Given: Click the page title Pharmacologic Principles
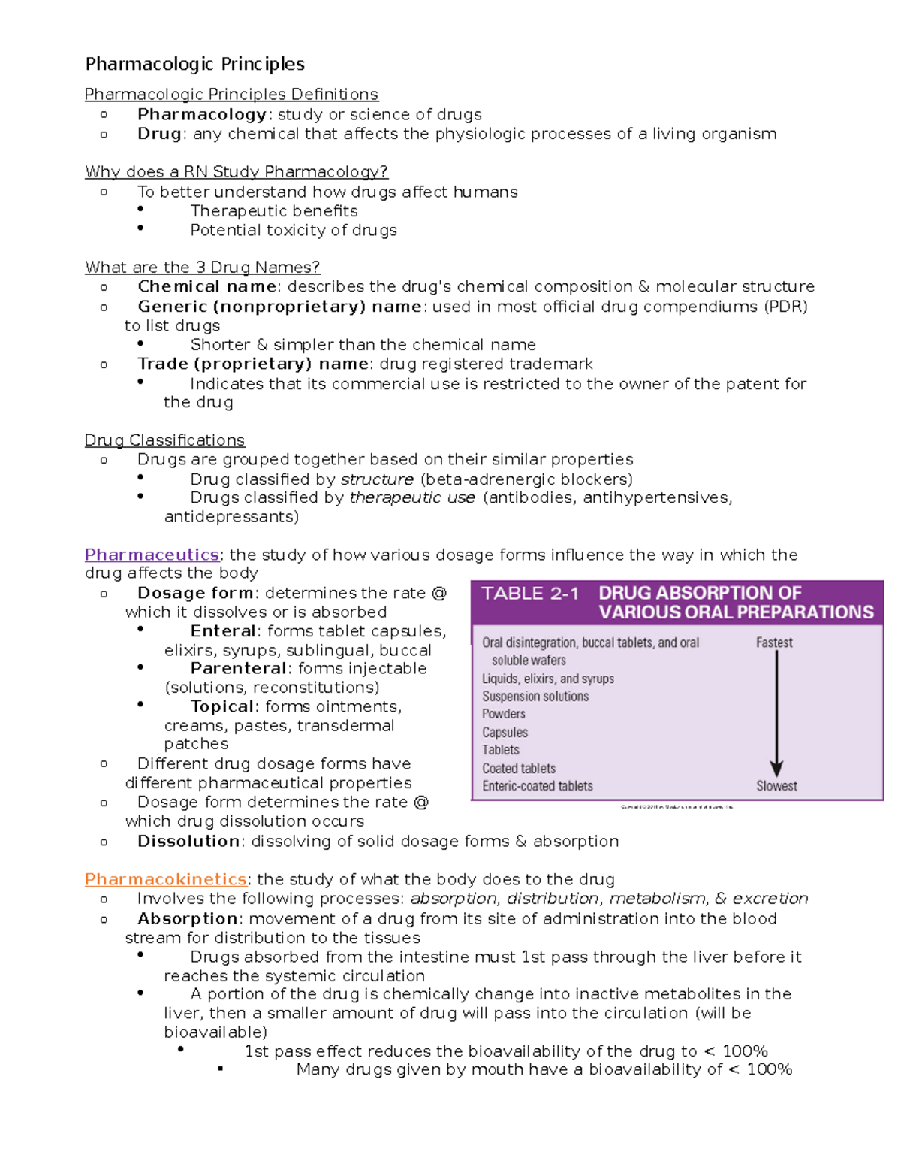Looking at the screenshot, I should click(194, 64).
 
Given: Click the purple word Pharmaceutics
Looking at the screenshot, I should click(152, 555).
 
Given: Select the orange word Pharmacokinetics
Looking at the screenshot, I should click(165, 879).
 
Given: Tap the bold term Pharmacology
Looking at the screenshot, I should click(202, 114).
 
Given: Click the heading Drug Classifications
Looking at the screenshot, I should click(164, 440).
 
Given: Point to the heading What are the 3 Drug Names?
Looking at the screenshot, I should click(202, 267).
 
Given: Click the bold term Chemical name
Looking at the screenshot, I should click(207, 286).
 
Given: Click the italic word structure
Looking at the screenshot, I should click(377, 479).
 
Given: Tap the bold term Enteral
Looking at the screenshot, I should click(223, 631).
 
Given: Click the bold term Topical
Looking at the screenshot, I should click(222, 706).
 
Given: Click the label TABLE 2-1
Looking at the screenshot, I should click(530, 594).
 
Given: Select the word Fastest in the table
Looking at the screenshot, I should click(774, 642).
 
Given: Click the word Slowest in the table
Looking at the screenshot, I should click(776, 785).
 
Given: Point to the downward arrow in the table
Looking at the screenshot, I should click(776, 714).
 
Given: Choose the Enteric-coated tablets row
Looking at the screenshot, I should click(538, 786).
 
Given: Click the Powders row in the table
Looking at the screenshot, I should click(504, 714).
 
